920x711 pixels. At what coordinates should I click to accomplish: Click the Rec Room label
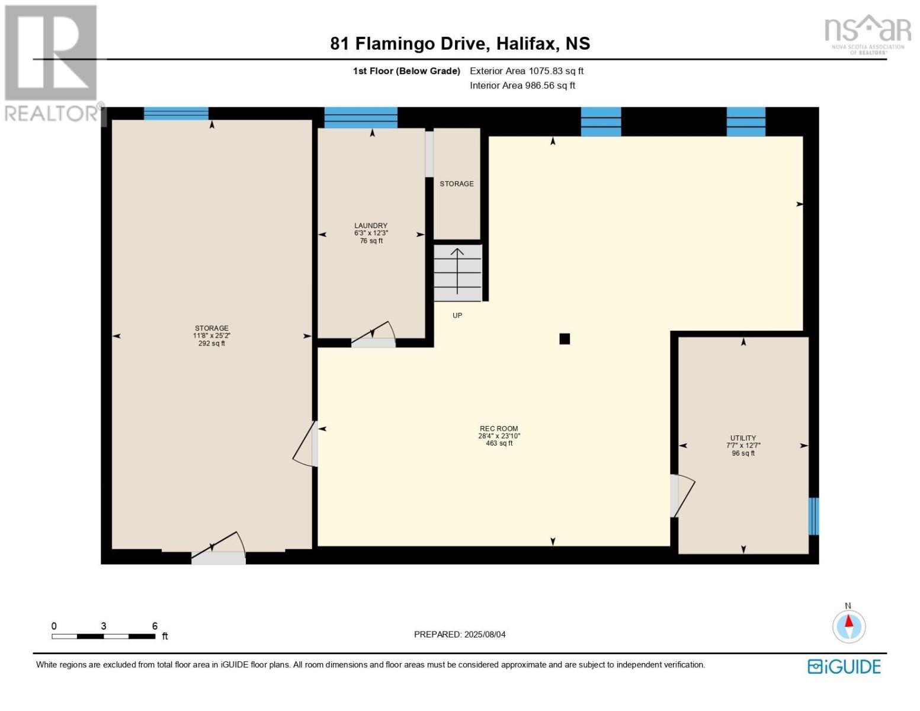499,428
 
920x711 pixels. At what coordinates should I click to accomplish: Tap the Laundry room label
371,226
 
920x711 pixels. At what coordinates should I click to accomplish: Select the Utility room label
743,438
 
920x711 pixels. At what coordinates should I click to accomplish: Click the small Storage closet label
456,184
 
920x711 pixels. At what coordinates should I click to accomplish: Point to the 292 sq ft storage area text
211,344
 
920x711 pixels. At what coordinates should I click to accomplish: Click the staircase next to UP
457,273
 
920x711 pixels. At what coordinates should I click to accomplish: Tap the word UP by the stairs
457,315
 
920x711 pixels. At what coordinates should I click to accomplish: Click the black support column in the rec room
565,339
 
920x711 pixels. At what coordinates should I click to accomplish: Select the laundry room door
373,336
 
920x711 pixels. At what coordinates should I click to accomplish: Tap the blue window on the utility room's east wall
814,516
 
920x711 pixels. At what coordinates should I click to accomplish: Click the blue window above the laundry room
360,117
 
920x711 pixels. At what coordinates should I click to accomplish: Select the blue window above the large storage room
176,113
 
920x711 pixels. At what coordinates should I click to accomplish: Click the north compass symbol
848,626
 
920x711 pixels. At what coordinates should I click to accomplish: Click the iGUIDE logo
844,667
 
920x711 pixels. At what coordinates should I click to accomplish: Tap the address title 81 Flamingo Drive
460,44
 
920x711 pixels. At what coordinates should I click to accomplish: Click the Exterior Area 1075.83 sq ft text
526,71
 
